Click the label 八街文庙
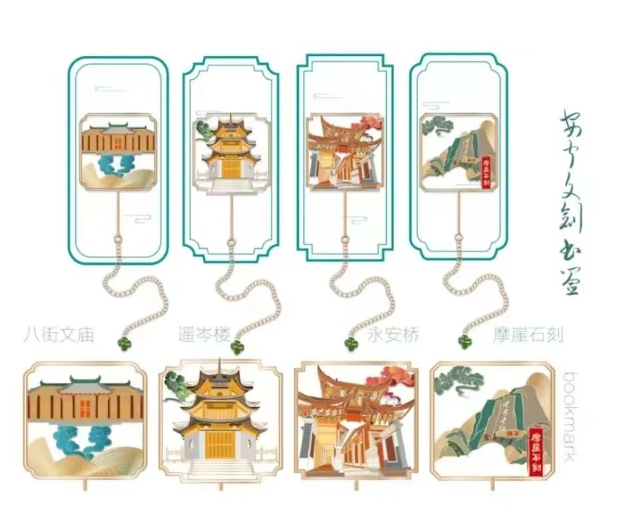tap(58, 334)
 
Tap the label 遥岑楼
tap(204, 334)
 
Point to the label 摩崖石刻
tap(529, 334)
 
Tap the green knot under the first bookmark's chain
tap(124, 343)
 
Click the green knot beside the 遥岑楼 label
tap(238, 345)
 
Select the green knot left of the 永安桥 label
tap(351, 343)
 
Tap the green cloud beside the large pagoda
tap(176, 383)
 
